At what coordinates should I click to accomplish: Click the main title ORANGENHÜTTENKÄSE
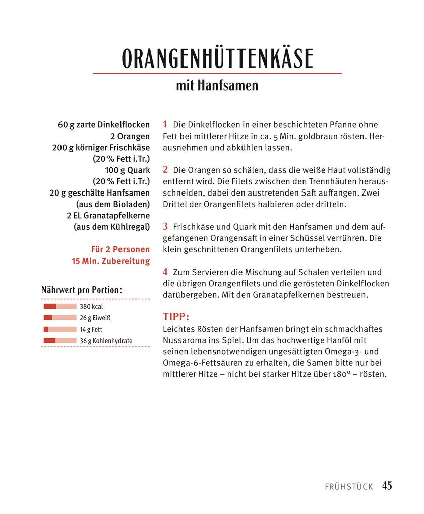tap(217, 59)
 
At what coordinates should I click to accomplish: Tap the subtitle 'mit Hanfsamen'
tap(217, 85)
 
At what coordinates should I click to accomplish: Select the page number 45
tap(387, 486)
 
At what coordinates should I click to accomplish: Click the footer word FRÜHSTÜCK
tap(349, 487)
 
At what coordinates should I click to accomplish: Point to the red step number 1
tap(165, 124)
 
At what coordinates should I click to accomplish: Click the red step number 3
tap(165, 226)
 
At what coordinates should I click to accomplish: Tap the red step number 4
tap(165, 272)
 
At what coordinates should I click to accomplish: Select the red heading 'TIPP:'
tap(176, 317)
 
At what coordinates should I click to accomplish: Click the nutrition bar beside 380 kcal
tap(60, 306)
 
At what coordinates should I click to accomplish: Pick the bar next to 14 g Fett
tap(60, 329)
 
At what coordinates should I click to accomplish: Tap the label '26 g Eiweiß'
tap(95, 318)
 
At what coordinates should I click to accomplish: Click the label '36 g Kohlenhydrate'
tap(106, 341)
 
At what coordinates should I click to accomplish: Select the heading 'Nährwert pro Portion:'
tap(82, 290)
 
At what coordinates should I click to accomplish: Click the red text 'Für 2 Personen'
tap(120, 249)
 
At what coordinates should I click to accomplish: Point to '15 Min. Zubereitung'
tap(111, 261)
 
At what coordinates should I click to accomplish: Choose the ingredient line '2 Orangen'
tap(130, 136)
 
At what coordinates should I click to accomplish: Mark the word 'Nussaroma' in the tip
tap(183, 340)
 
